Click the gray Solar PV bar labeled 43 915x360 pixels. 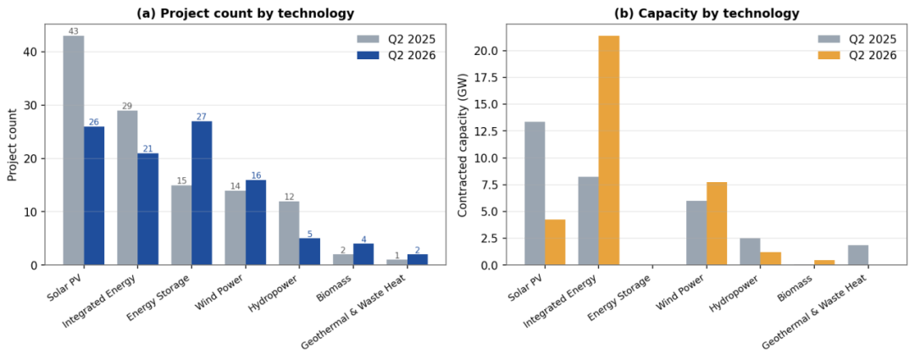point(74,151)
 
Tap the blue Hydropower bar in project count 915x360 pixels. point(309,252)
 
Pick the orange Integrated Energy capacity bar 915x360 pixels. point(609,151)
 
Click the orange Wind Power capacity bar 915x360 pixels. point(717,224)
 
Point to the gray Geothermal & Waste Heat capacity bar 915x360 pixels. point(857,255)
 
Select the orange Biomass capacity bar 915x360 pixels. point(824,263)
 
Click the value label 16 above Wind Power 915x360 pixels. point(256,175)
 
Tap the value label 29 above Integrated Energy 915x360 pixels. point(127,106)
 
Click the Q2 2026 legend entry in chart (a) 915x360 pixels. point(396,56)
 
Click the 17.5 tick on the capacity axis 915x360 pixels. point(485,78)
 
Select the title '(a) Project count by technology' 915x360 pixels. point(245,13)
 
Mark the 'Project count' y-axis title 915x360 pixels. point(12,145)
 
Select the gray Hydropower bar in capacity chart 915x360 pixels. point(750,252)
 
